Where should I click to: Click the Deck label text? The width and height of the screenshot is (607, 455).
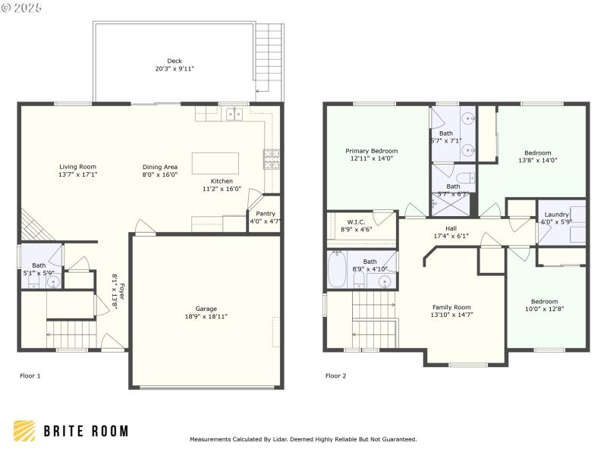175,61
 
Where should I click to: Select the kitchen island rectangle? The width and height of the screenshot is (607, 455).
215,164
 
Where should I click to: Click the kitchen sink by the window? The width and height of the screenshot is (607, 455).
234,115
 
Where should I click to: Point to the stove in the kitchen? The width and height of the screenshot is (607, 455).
271,158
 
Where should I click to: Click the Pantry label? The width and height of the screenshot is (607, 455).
265,214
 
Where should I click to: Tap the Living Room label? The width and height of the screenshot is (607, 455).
78,166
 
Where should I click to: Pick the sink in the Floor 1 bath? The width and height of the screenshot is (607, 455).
53,282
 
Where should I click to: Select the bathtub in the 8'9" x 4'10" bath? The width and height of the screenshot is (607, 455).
337,270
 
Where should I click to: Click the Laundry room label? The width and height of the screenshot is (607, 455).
556,215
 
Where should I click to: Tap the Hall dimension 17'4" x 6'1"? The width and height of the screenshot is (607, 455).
451,236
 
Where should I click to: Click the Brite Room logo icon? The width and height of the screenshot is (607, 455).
24,431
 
